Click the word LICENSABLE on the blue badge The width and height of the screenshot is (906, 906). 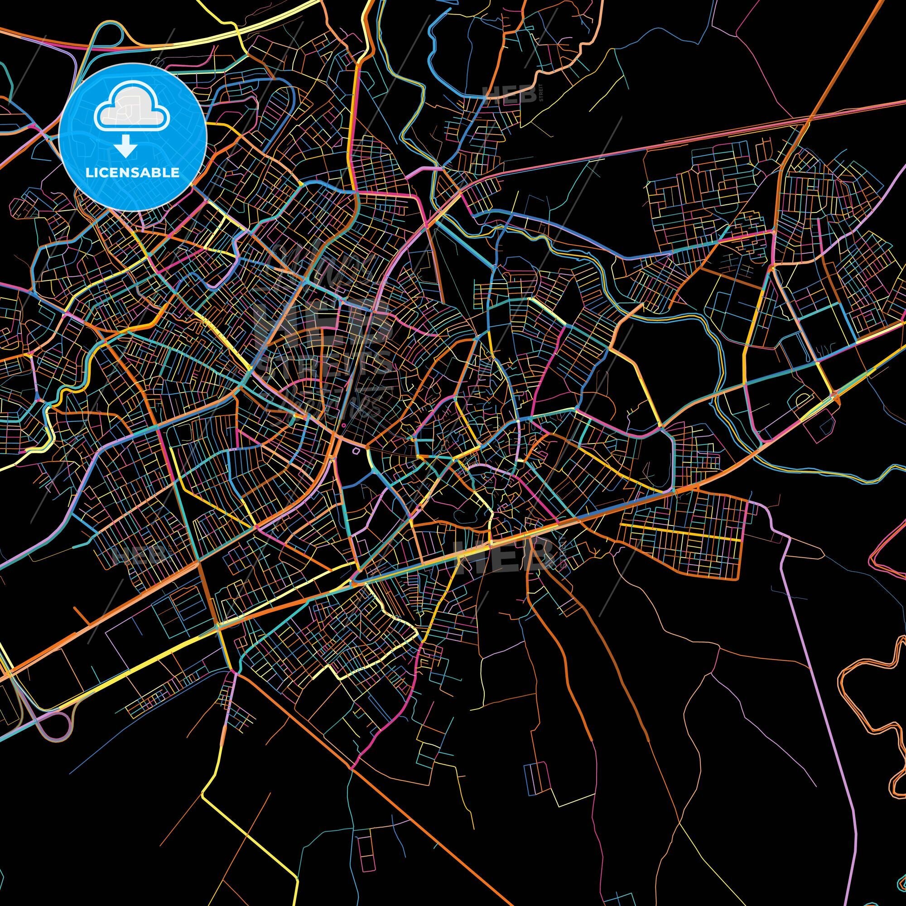point(132,173)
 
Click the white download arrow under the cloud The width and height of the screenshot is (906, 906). point(125,147)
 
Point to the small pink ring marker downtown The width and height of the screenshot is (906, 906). point(344,425)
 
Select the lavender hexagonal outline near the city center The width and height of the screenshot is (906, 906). point(356,451)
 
